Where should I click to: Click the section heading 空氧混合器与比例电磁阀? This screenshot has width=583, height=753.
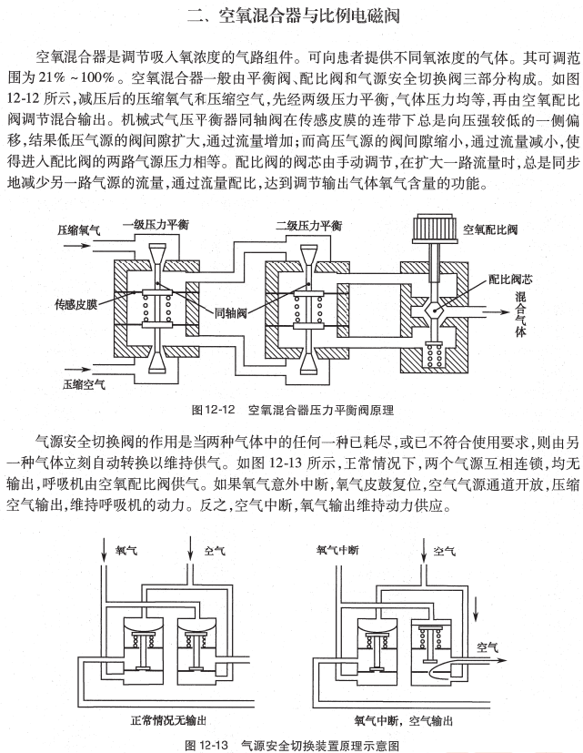[x=291, y=15]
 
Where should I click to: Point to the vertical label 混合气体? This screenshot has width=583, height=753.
[x=521, y=314]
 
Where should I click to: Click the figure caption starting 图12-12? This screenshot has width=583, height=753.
[x=293, y=410]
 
